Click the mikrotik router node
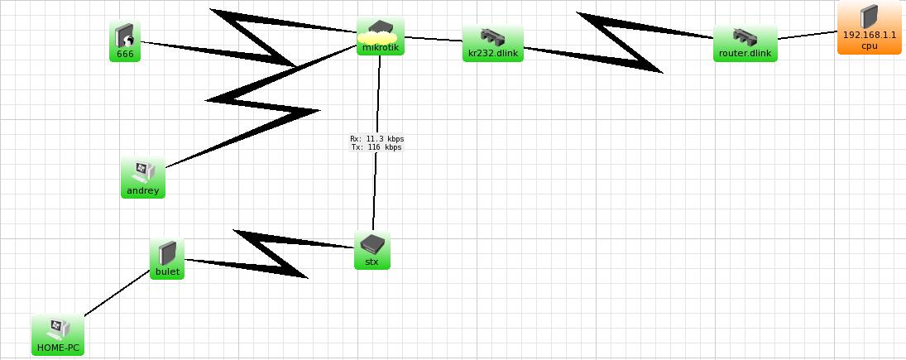click(381, 38)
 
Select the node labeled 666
click(125, 41)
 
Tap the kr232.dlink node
click(493, 44)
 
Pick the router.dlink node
click(745, 44)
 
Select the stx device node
click(372, 250)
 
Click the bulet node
click(167, 260)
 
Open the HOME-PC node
click(58, 335)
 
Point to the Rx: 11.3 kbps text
click(376, 139)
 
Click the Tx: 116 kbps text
click(376, 147)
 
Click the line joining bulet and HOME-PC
click(116, 294)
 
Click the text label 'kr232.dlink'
click(493, 54)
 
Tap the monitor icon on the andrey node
click(139, 171)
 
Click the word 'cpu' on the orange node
click(869, 46)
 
